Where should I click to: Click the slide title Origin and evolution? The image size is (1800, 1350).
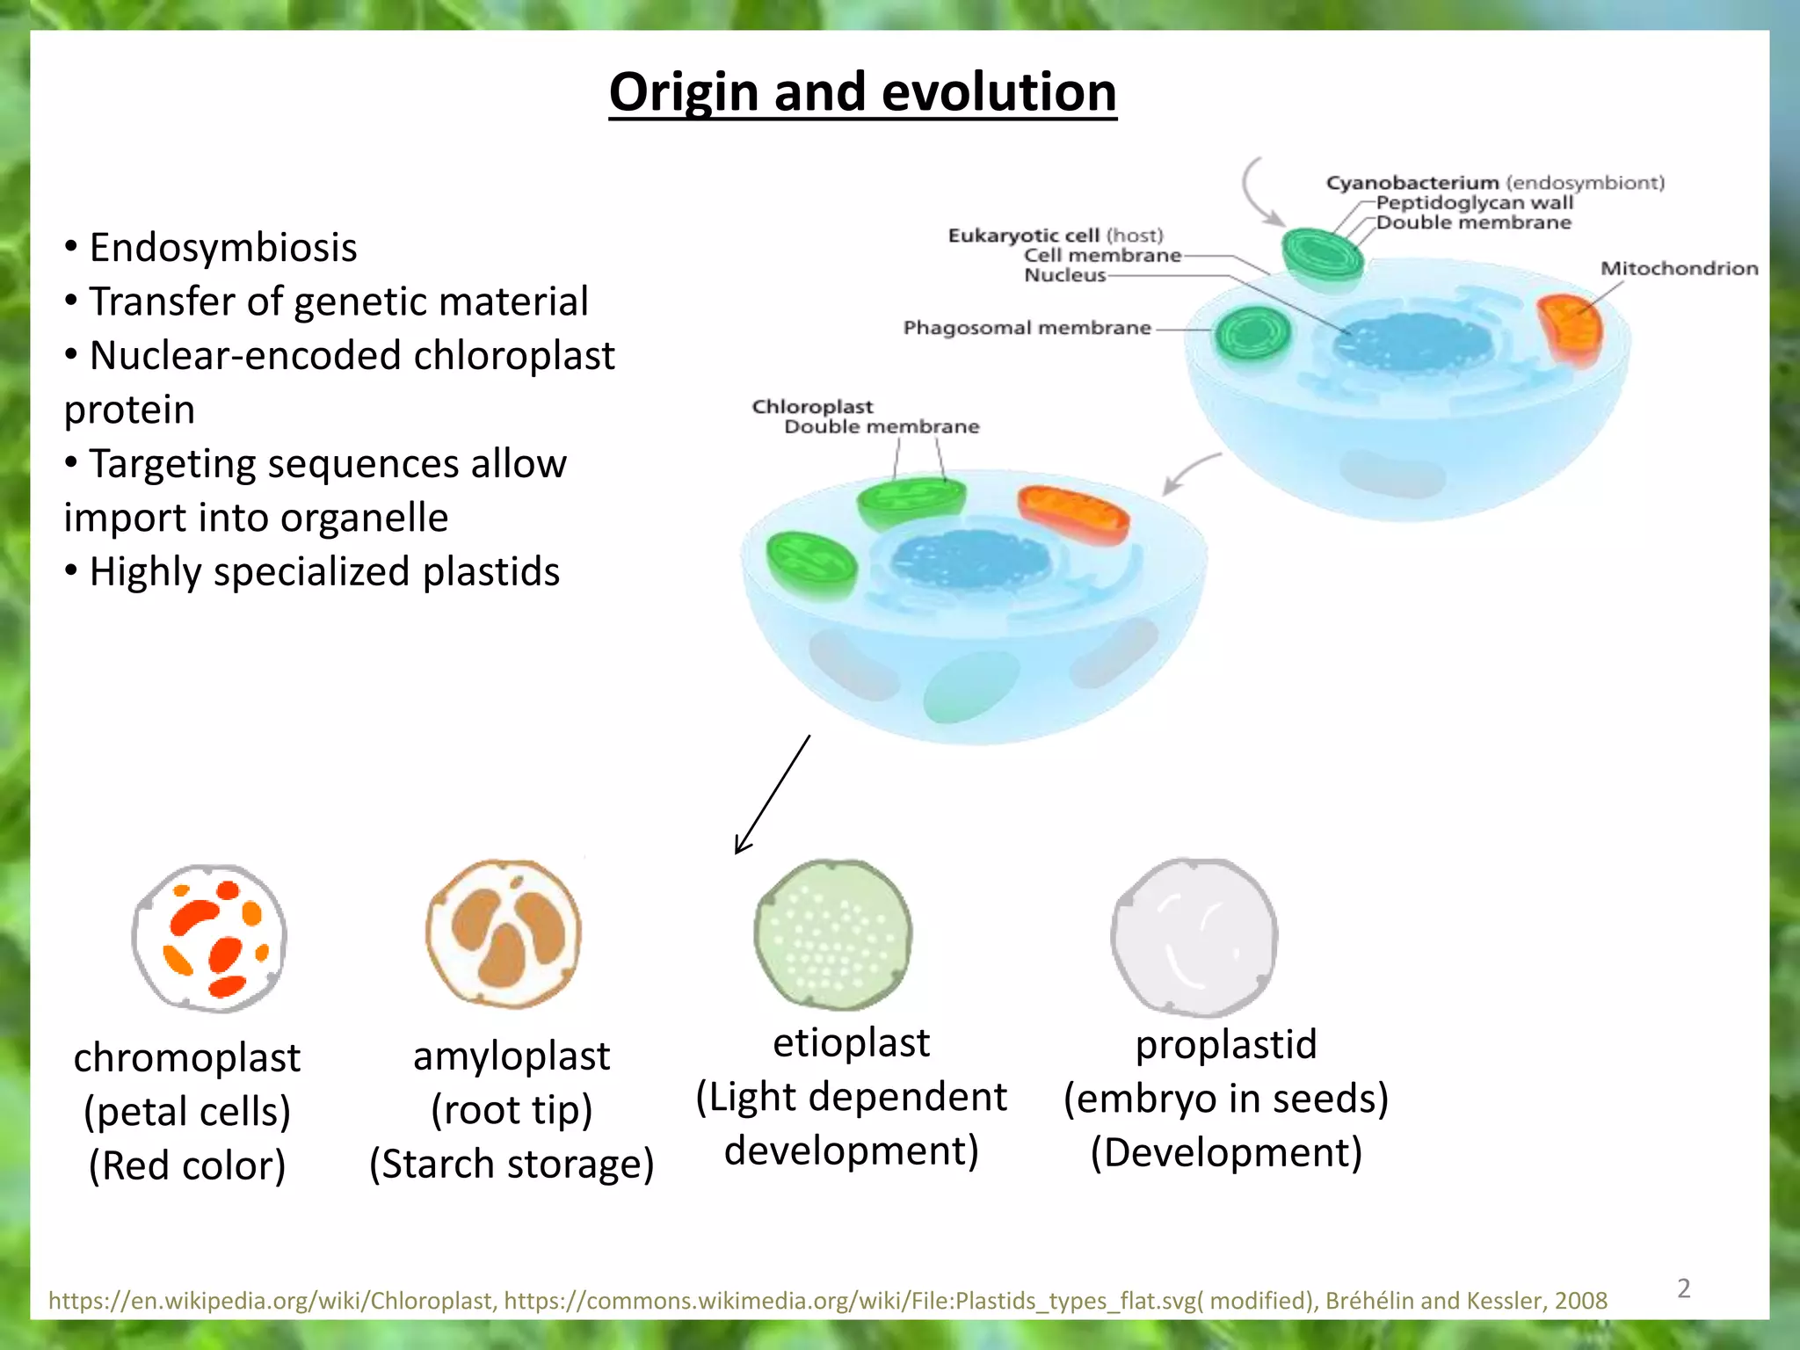(x=862, y=92)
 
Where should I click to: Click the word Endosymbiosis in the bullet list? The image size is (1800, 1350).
(x=223, y=248)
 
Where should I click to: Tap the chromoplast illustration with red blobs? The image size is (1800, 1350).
(x=209, y=938)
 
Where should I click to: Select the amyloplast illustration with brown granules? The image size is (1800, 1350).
(x=504, y=933)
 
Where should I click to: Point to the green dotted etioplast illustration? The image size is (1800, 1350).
(x=832, y=935)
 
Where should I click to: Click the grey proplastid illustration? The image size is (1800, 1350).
(x=1194, y=937)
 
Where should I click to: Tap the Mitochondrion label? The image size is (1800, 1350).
(x=1679, y=268)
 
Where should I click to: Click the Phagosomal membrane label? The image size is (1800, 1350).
(x=1027, y=328)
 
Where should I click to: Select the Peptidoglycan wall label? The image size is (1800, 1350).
(x=1474, y=202)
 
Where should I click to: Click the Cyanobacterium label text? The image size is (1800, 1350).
(x=1412, y=183)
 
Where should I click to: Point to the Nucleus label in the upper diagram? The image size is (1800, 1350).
(x=1064, y=275)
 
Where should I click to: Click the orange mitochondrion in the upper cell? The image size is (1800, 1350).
(x=1571, y=329)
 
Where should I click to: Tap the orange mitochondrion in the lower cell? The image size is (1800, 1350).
(x=1073, y=515)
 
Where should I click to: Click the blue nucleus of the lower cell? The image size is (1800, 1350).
(x=970, y=560)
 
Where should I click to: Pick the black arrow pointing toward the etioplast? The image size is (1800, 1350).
(x=772, y=795)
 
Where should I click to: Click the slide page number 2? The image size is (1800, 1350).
(x=1683, y=1288)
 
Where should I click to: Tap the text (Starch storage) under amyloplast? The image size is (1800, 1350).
(x=512, y=1164)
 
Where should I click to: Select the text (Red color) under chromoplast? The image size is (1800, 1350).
(x=187, y=1165)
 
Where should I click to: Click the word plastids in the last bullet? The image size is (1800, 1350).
(x=490, y=572)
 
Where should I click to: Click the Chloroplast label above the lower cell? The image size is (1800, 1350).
(x=812, y=407)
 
